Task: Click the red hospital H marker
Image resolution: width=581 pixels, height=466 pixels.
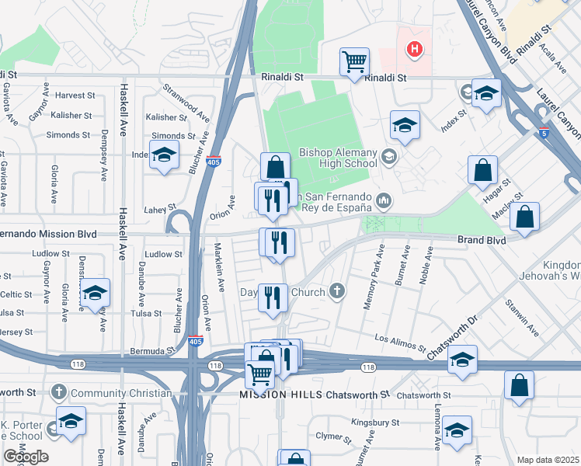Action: (x=416, y=50)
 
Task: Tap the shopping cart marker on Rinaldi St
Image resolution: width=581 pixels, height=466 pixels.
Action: (x=354, y=61)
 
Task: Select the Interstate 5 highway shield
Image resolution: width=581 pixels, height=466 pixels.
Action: (x=544, y=132)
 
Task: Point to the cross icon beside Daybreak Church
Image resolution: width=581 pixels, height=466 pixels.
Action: (x=336, y=293)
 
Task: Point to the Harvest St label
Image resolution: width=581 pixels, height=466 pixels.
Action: (x=75, y=96)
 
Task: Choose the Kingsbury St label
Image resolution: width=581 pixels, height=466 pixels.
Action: (x=374, y=423)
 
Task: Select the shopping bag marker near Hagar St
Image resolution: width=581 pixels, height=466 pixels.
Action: (x=482, y=170)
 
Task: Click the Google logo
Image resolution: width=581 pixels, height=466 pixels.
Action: (x=26, y=457)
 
